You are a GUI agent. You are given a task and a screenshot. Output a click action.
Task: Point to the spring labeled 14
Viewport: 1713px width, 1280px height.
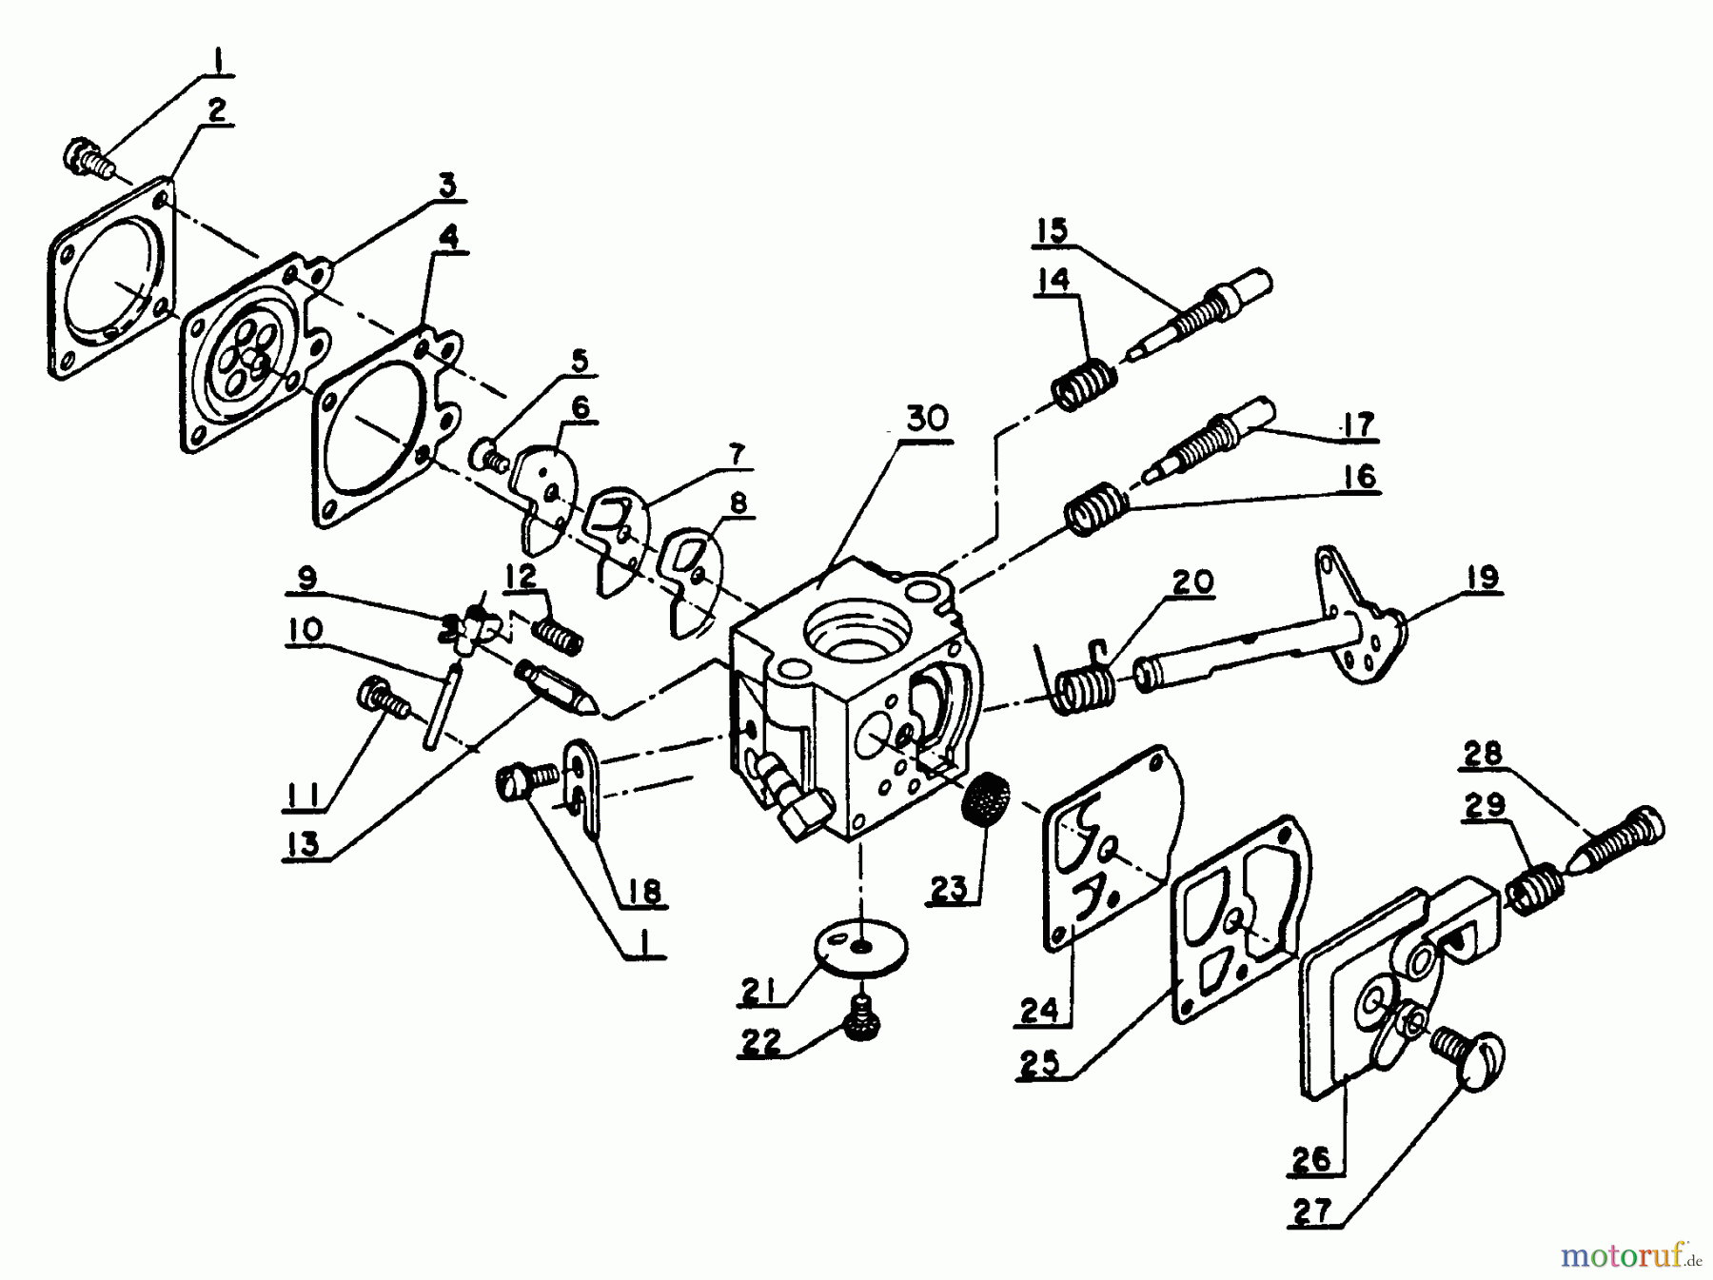tap(1084, 384)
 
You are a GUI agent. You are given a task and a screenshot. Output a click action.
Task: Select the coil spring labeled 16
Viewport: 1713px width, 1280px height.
tap(1093, 509)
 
